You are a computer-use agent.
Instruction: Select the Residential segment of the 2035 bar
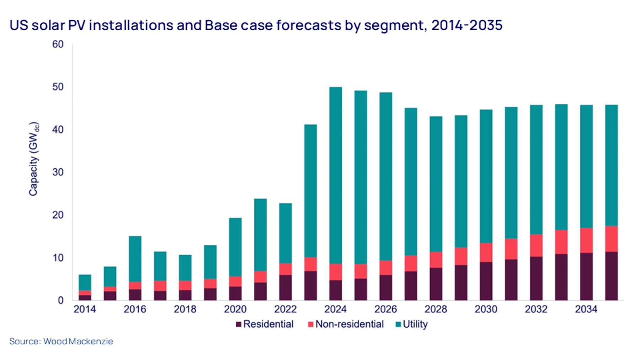611,276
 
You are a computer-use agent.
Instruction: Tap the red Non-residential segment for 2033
561,242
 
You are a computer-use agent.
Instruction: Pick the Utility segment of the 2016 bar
135,259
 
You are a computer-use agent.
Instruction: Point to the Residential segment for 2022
285,287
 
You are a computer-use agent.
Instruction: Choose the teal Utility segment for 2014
85,282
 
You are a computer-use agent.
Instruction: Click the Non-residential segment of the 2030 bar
486,253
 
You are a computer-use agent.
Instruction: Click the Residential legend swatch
239,324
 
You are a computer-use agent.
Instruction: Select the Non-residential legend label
349,324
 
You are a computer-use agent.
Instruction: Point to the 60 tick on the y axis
58,44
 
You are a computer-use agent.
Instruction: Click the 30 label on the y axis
58,172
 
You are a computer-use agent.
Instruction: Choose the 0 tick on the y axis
60,301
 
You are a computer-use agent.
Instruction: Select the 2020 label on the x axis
235,309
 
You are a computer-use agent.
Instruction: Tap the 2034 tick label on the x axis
586,309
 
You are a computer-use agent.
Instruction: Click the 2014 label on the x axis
85,309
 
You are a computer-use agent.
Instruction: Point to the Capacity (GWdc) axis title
33,159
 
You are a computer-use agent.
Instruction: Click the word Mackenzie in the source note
91,341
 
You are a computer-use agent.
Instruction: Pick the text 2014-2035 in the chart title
466,25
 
